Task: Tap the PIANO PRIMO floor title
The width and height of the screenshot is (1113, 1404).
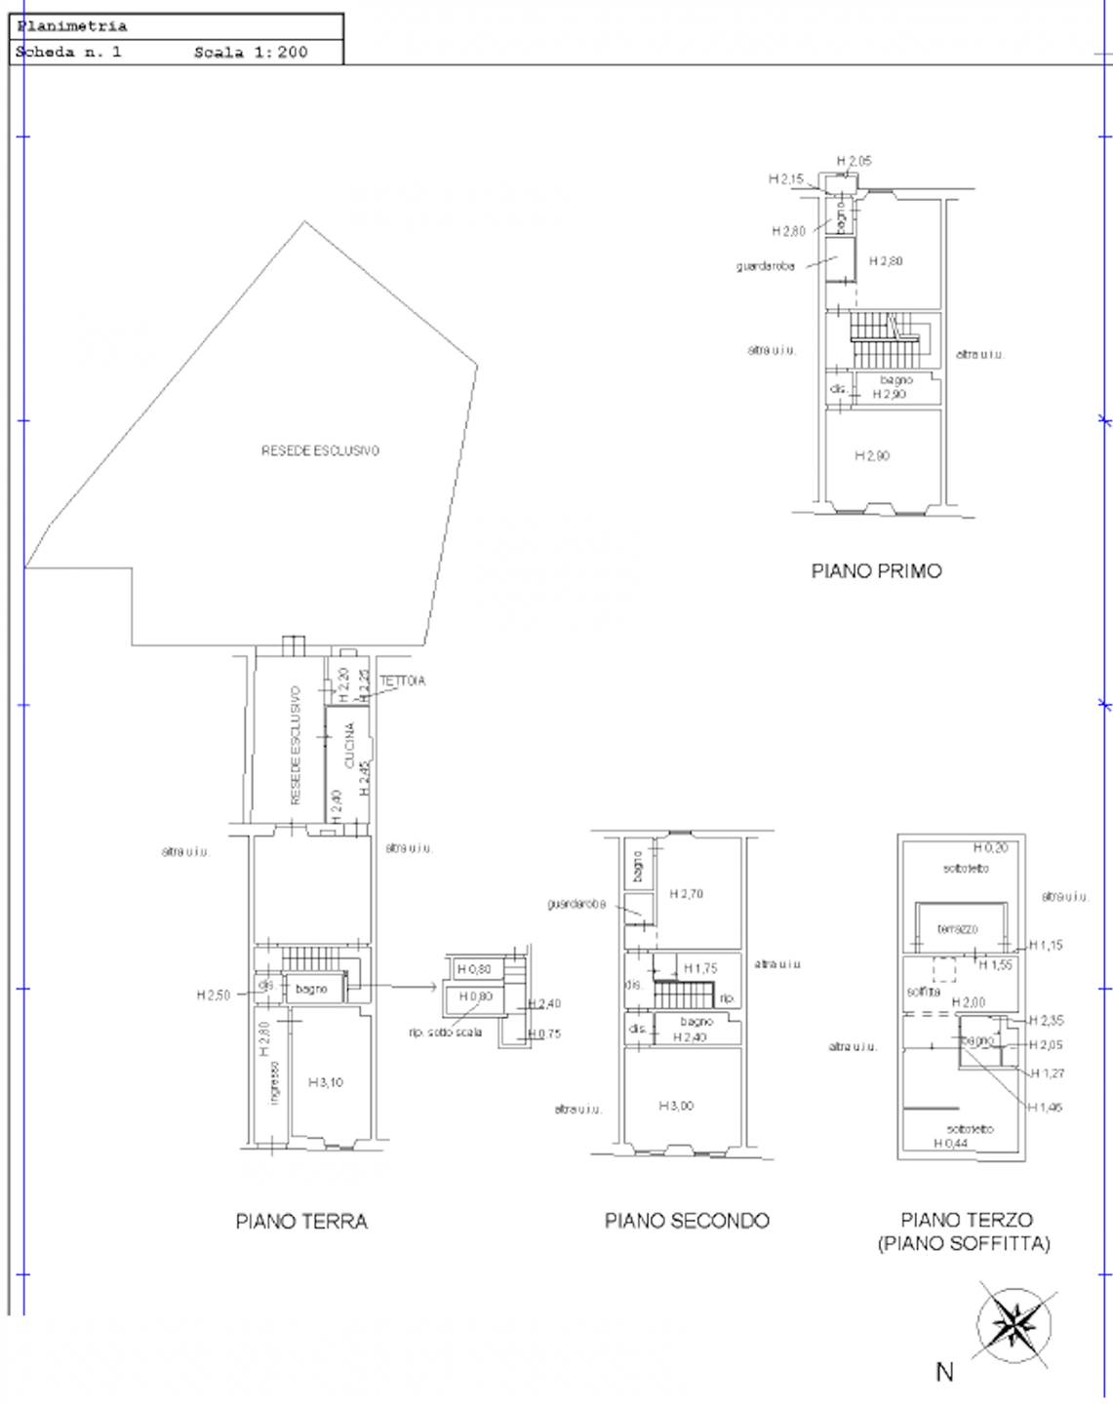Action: click(x=876, y=571)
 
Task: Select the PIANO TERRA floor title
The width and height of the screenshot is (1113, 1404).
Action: click(x=301, y=1222)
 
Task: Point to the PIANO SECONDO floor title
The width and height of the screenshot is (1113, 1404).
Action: click(x=687, y=1221)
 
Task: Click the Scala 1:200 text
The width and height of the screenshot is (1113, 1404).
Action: click(x=251, y=53)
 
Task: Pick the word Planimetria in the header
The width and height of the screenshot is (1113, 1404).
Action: click(x=72, y=26)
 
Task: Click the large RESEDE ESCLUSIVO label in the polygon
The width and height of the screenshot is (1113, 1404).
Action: click(x=320, y=450)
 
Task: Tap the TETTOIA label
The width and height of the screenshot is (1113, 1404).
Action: click(x=402, y=681)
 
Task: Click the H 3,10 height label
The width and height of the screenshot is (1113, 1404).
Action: click(x=326, y=1082)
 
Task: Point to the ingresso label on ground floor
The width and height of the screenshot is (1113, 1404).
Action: click(x=274, y=1082)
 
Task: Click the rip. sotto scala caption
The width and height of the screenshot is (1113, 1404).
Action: click(x=445, y=1033)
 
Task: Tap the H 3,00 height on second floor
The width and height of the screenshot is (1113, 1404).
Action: click(x=676, y=1106)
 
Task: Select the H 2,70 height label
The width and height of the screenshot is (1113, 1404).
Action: click(x=686, y=894)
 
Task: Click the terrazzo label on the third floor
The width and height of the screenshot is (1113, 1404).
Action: click(x=957, y=929)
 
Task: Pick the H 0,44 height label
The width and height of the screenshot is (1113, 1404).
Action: click(x=950, y=1143)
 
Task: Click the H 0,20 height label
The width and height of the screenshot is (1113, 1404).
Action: click(x=990, y=848)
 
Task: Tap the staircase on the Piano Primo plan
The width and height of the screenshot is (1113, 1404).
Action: click(x=883, y=339)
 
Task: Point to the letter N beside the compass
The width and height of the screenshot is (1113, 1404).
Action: click(x=944, y=1372)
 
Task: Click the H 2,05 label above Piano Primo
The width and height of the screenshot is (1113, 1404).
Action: click(x=854, y=161)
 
